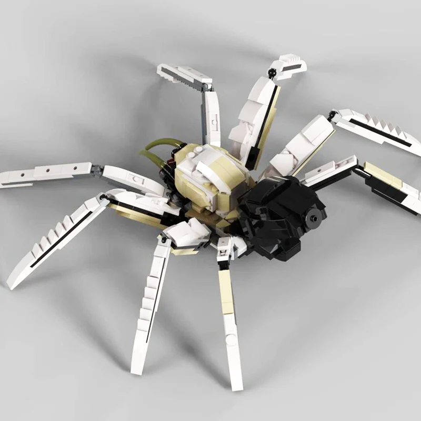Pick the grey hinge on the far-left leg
[x=96, y=169]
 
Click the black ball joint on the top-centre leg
[x=272, y=72]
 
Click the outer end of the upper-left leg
[x=161, y=69]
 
